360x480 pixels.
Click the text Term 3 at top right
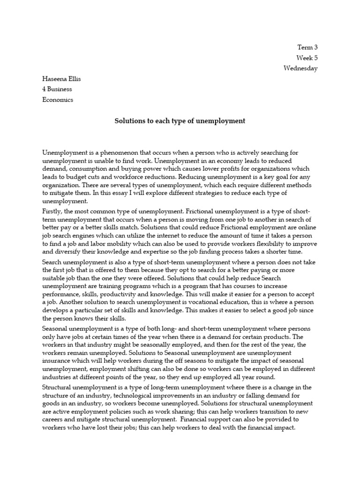(307, 47)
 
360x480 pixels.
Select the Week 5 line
(307, 58)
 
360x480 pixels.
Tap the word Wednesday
(300, 68)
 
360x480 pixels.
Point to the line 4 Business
(58, 89)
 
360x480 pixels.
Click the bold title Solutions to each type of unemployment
(180, 121)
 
